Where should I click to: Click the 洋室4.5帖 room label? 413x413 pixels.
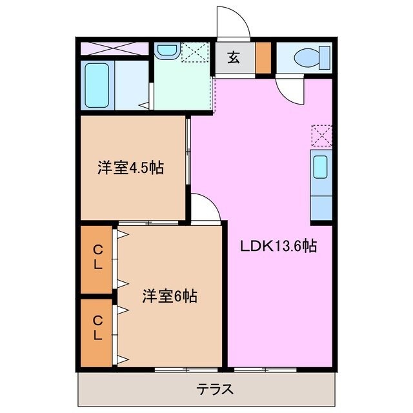click(130, 169)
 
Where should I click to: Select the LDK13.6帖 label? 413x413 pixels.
click(279, 246)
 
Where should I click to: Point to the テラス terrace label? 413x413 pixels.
click(215, 390)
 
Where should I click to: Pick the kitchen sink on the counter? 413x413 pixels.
click(320, 167)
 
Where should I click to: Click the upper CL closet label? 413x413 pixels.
click(97, 257)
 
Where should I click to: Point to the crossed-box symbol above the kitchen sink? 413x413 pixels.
click(321, 136)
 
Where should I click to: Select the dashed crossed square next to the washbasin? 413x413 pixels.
click(192, 52)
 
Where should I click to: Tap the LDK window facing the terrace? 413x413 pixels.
click(261, 370)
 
